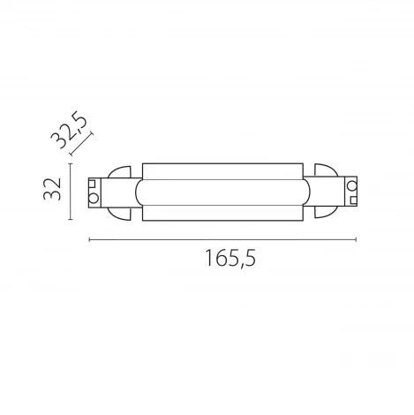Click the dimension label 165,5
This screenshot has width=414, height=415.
click(222, 260)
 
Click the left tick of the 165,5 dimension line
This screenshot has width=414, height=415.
click(89, 238)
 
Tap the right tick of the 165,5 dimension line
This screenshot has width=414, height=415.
click(357, 238)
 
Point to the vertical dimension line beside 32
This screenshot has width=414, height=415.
click(72, 191)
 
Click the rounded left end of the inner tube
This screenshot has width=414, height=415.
click(137, 191)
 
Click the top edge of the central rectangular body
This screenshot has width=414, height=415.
click(222, 162)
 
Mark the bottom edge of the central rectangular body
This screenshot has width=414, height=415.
click(222, 220)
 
